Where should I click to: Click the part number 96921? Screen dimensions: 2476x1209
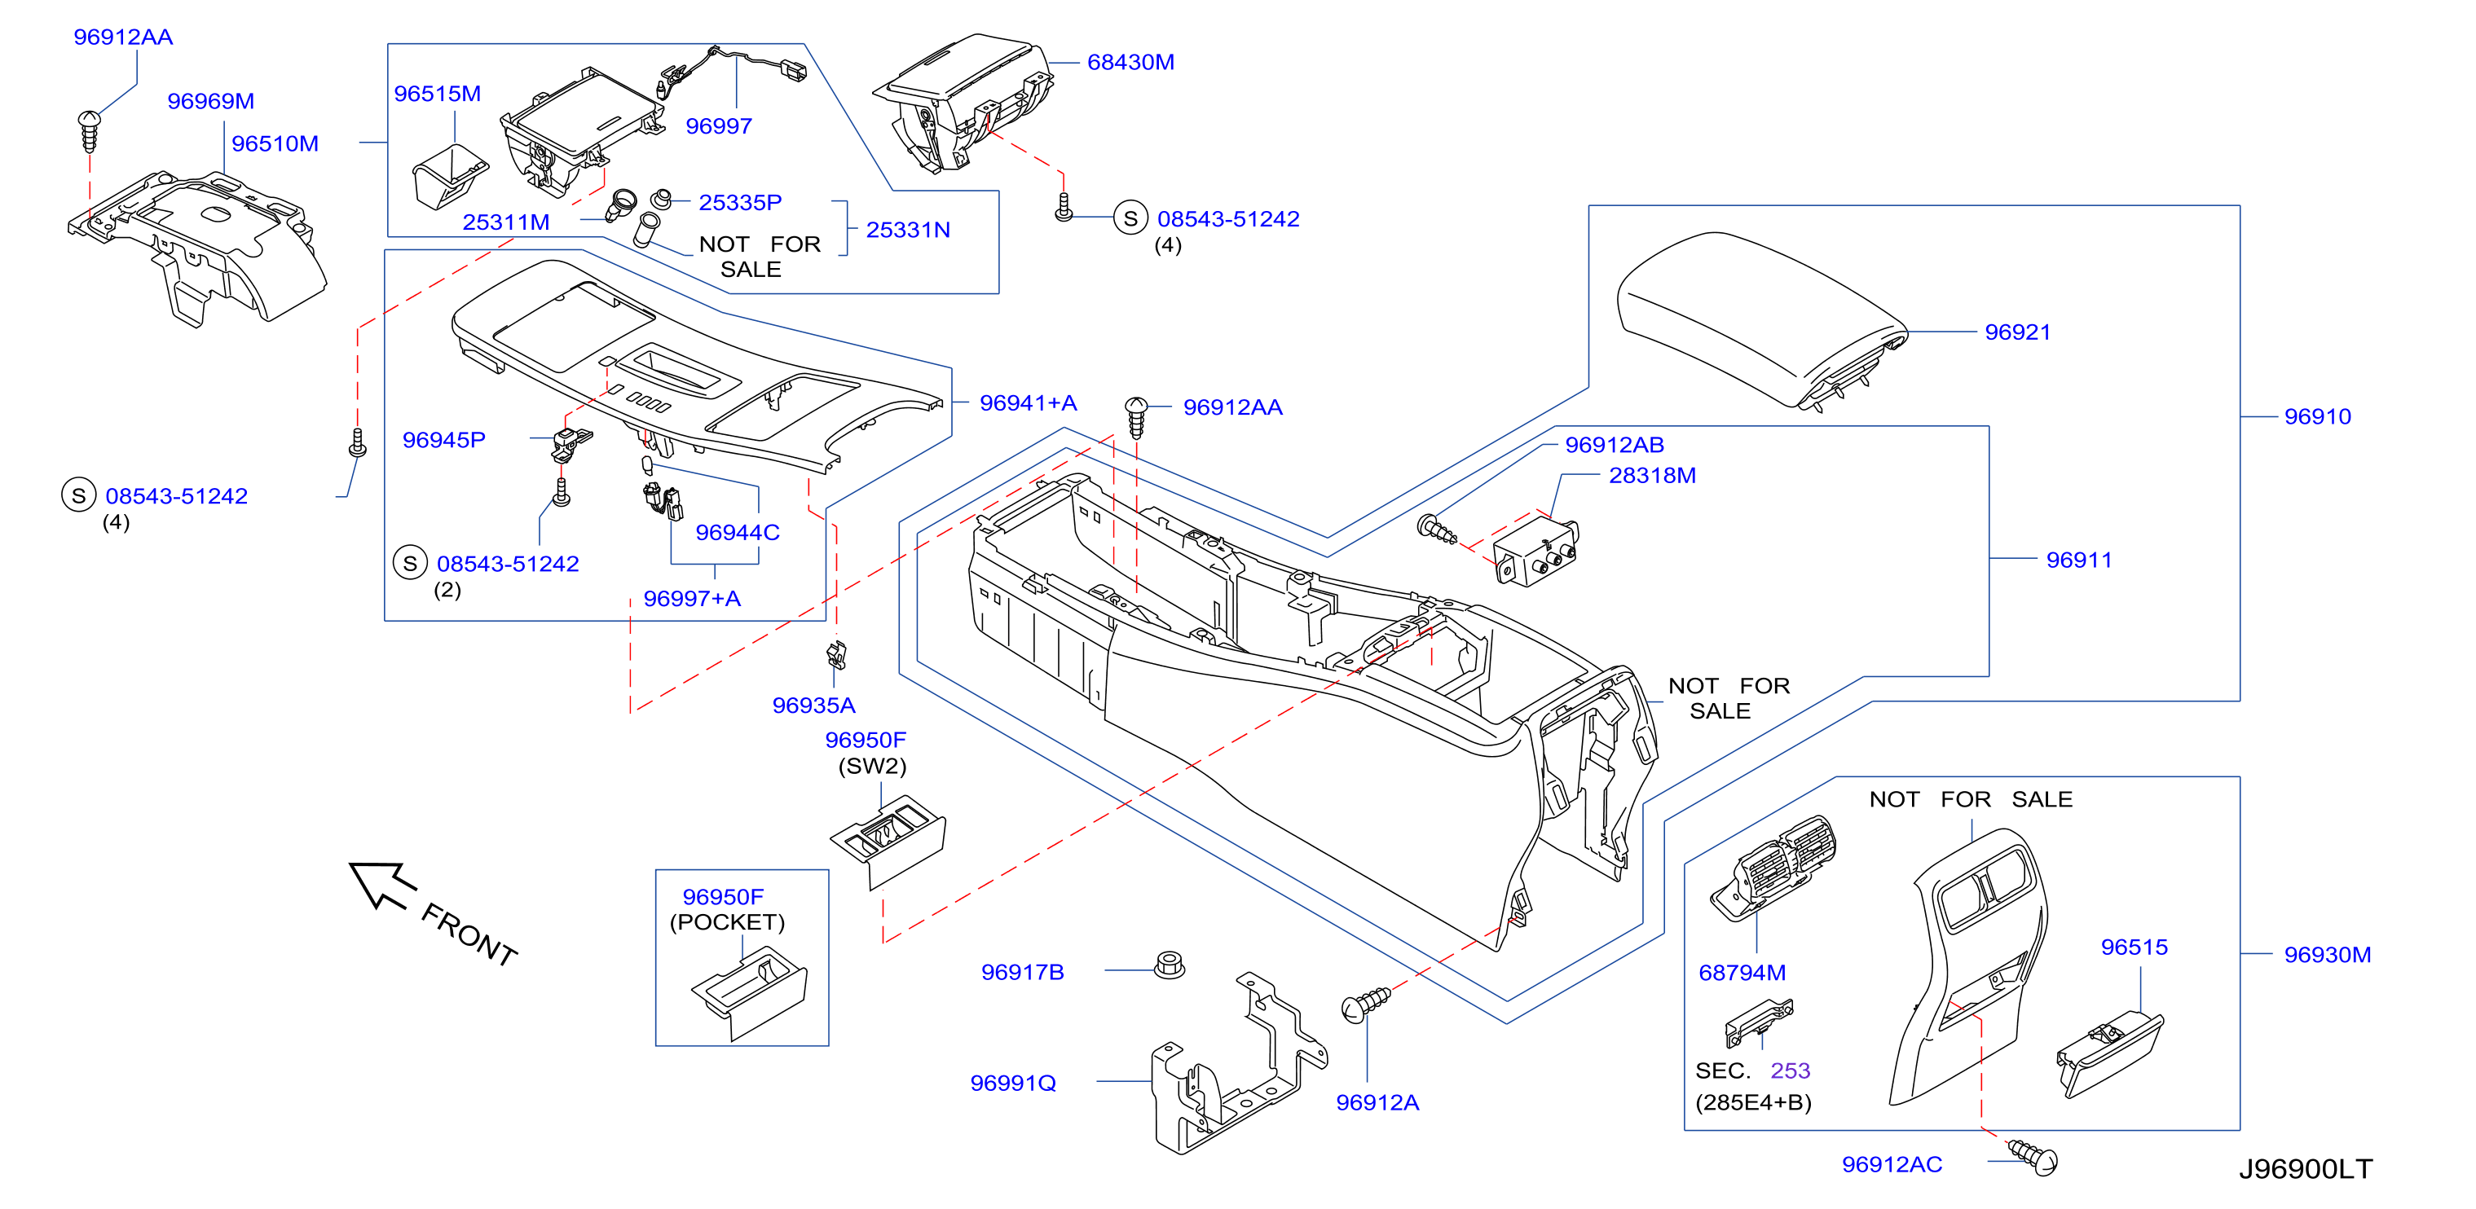pyautogui.click(x=2016, y=332)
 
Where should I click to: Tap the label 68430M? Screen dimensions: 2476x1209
pyautogui.click(x=1130, y=63)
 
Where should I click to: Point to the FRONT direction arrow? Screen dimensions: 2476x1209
pyautogui.click(x=382, y=884)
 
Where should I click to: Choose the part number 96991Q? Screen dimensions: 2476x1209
pyautogui.click(x=1013, y=1083)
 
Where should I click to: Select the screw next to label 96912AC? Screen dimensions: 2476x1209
pyautogui.click(x=2032, y=1157)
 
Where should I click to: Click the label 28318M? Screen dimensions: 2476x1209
pyautogui.click(x=1652, y=476)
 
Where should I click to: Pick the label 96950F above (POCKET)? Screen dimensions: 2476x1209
pyautogui.click(x=723, y=898)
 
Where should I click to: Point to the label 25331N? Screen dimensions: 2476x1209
pyautogui.click(x=907, y=231)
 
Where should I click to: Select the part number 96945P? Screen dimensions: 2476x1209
pyautogui.click(x=444, y=440)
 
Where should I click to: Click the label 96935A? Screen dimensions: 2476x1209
pyautogui.click(x=813, y=706)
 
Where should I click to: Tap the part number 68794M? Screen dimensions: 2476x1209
pyautogui.click(x=1742, y=973)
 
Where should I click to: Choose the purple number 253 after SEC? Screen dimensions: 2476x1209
pyautogui.click(x=1790, y=1071)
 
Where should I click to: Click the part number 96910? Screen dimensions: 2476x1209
pyautogui.click(x=2317, y=417)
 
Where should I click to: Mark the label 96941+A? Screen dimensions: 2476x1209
pyautogui.click(x=1028, y=403)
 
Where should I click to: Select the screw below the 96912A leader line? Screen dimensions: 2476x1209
pyautogui.click(x=1365, y=1005)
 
